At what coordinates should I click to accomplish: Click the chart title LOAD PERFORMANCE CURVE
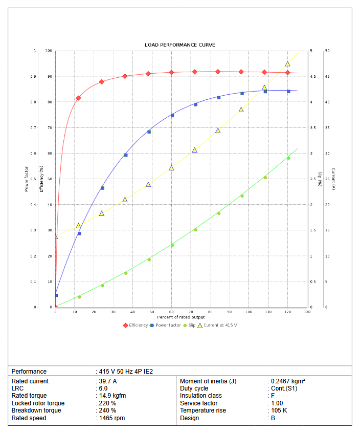[179, 45]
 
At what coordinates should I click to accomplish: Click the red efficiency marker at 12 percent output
[78, 98]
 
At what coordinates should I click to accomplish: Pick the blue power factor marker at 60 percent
[172, 116]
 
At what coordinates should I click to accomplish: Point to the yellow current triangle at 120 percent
[287, 64]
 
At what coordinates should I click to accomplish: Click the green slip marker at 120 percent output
[288, 158]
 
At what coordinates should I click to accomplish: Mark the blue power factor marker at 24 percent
[102, 188]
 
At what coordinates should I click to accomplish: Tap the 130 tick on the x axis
[307, 312]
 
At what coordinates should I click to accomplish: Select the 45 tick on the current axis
[327, 77]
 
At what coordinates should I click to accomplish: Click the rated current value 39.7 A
[108, 381]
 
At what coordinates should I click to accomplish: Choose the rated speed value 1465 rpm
[112, 418]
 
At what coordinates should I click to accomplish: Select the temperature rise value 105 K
[279, 410]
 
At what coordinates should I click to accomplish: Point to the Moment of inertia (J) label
[208, 381]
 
